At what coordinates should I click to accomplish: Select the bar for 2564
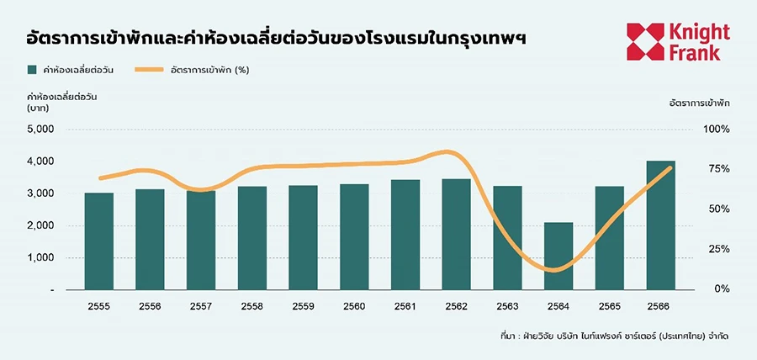(x=558, y=256)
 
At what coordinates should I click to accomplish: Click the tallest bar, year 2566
(x=661, y=225)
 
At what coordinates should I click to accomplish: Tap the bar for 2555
(x=99, y=241)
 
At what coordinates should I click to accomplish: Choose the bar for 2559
(x=303, y=237)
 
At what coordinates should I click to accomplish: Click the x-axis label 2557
(x=201, y=305)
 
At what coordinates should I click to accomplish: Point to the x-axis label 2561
(x=405, y=305)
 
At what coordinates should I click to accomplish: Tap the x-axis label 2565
(x=610, y=305)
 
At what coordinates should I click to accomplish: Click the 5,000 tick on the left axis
(x=40, y=129)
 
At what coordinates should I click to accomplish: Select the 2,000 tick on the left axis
(x=40, y=225)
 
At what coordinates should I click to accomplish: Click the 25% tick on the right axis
(x=717, y=249)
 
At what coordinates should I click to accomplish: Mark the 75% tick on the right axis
(x=717, y=169)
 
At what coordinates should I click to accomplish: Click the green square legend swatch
(x=33, y=70)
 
